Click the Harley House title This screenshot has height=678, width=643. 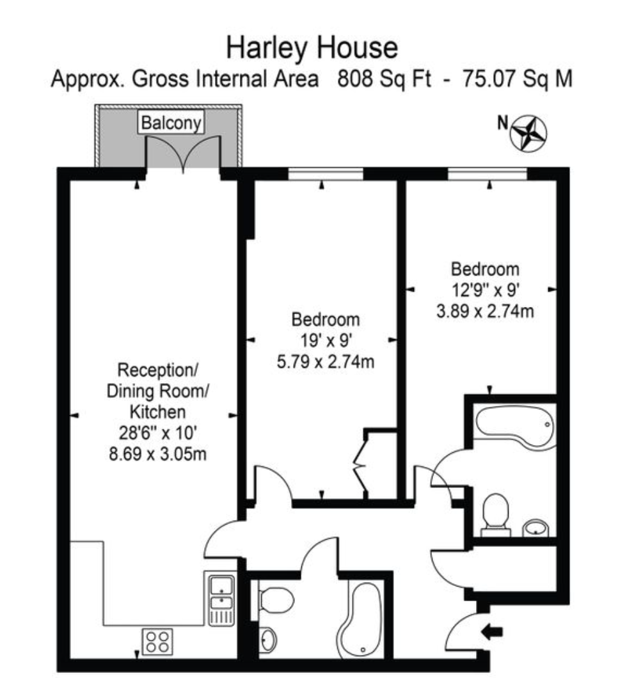[x=312, y=48]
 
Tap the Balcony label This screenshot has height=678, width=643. [x=171, y=122]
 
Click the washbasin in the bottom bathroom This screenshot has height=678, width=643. [x=269, y=638]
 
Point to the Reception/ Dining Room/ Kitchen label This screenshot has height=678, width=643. [x=157, y=390]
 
